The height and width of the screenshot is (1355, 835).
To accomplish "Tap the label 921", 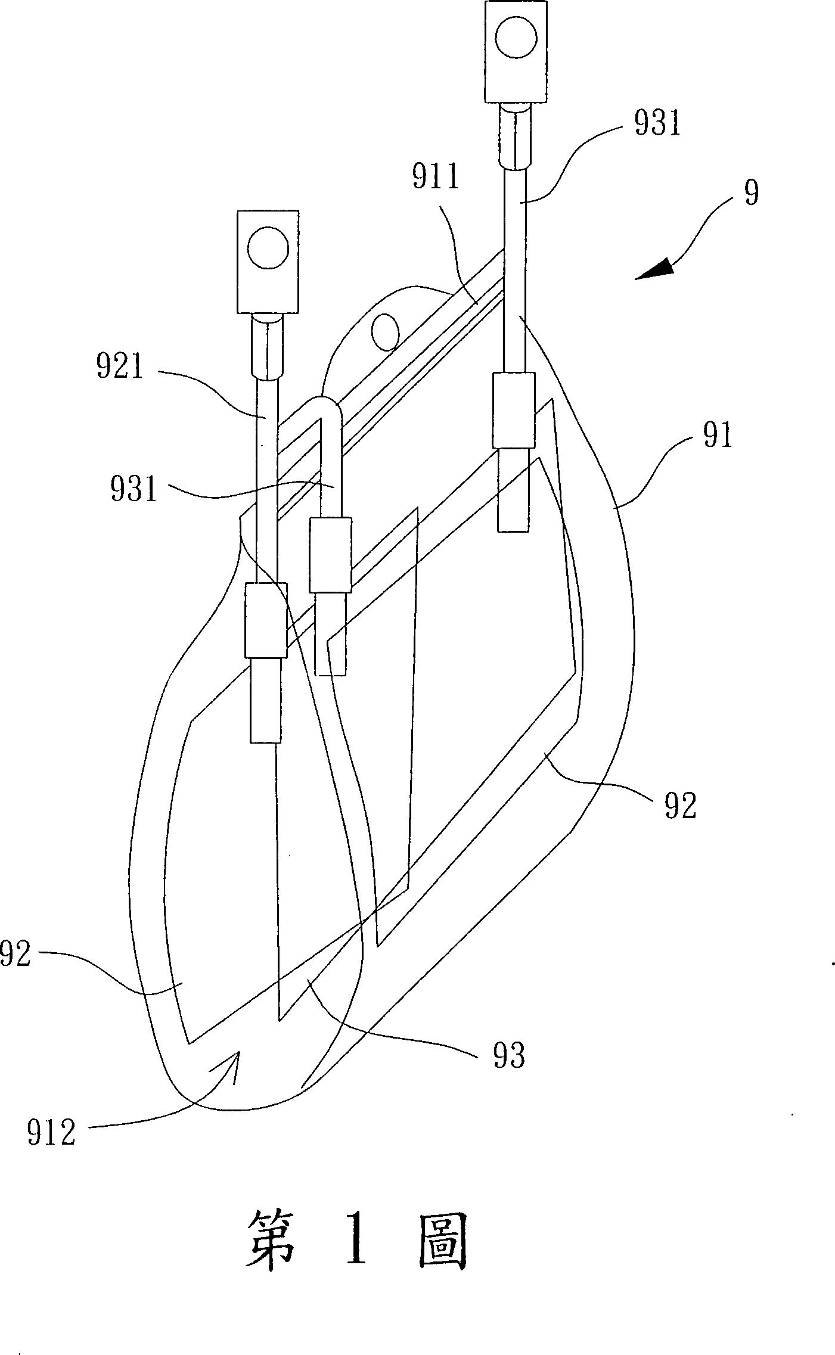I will [120, 368].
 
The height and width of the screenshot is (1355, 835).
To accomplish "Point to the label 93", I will [509, 1056].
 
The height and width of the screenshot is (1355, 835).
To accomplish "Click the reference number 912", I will [52, 1133].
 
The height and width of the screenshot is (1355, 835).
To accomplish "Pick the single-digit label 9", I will [752, 194].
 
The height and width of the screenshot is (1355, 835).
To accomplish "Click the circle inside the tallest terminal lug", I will [516, 38].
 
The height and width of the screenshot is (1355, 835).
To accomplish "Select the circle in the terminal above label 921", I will [268, 247].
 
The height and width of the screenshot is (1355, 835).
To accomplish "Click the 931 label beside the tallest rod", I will [657, 125].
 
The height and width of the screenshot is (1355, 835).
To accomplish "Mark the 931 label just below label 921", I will [134, 491].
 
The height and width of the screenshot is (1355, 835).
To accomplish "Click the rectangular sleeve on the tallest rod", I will [513, 410].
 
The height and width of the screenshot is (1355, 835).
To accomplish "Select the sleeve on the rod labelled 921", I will [266, 620].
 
